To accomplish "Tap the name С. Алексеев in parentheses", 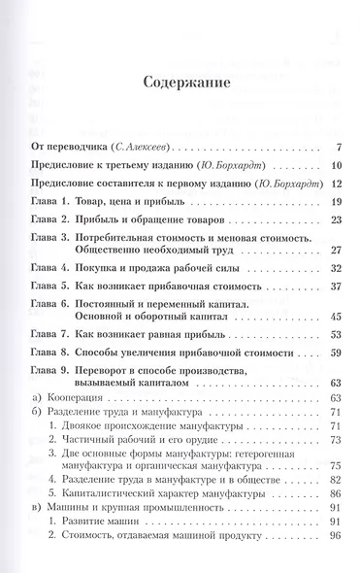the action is pos(139,148).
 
